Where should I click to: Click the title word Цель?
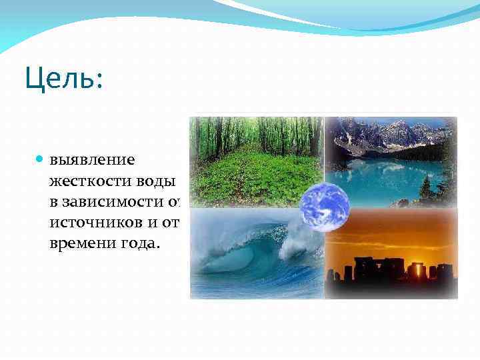pyautogui.click(x=64, y=80)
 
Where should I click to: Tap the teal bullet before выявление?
pyautogui.click(x=41, y=160)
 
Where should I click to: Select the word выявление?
pyautogui.click(x=92, y=160)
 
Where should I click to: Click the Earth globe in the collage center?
pyautogui.click(x=324, y=207)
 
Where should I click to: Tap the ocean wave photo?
pyautogui.click(x=247, y=260)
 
